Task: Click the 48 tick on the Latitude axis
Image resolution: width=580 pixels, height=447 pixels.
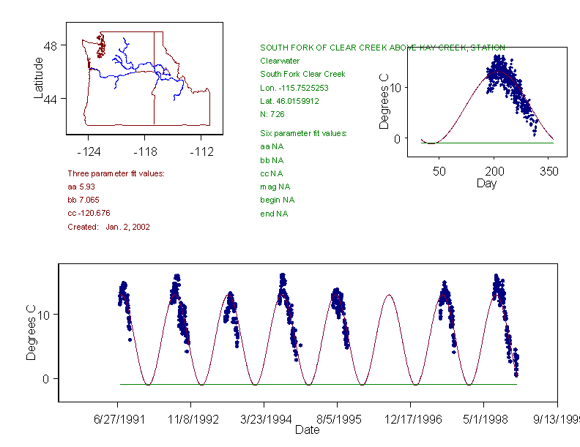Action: (x=51, y=45)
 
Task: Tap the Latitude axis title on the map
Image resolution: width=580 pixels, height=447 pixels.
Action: (x=38, y=78)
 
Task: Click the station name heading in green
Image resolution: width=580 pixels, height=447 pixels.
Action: (x=382, y=48)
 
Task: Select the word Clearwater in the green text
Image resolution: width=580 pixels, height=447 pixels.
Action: (x=280, y=61)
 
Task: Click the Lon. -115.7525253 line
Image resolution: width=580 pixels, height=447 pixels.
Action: (x=294, y=88)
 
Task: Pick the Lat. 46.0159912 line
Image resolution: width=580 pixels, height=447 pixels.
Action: (x=290, y=101)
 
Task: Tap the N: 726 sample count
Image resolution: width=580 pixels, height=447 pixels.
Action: (x=272, y=114)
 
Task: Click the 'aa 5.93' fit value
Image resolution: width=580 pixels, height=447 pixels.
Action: (x=80, y=187)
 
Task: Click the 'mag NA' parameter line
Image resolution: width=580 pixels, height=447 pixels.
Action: (x=272, y=187)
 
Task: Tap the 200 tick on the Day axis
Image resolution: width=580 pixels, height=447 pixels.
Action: (x=494, y=171)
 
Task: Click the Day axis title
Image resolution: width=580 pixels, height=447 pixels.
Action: (x=486, y=184)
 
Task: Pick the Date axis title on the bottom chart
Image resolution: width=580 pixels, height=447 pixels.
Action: (x=308, y=430)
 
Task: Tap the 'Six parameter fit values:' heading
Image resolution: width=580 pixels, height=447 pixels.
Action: (x=303, y=133)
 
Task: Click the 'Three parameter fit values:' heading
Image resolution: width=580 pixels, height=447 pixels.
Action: (x=116, y=173)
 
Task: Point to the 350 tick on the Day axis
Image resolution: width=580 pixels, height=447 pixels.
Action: (x=549, y=171)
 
